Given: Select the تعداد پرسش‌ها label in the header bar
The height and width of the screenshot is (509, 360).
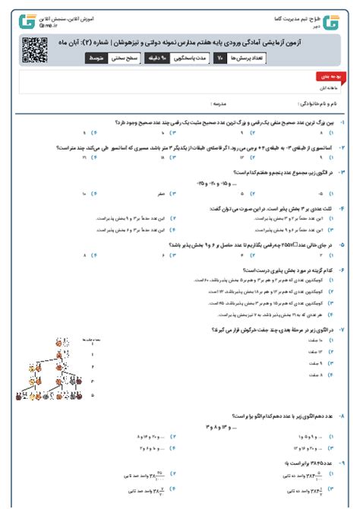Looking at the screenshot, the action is (x=245, y=57).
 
